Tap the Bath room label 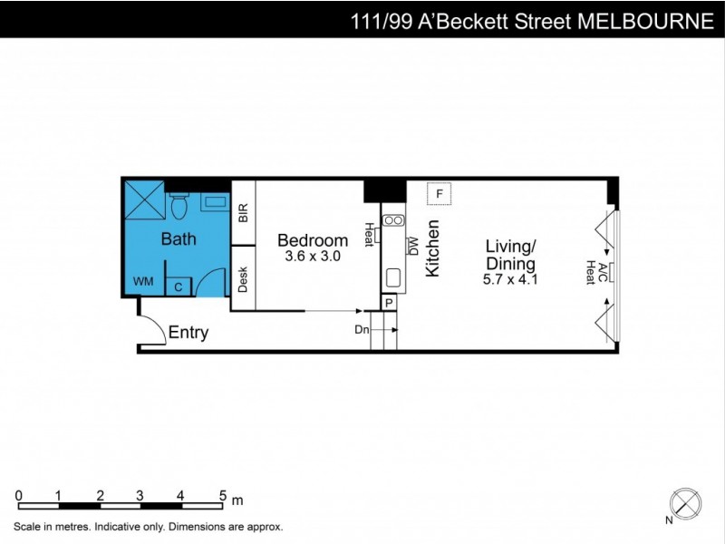[x=179, y=239]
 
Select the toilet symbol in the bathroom [x=179, y=205]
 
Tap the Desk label [x=243, y=278]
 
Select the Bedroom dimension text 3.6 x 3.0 [x=313, y=257]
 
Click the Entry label [x=188, y=333]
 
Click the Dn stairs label [x=362, y=330]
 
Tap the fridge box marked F [x=439, y=194]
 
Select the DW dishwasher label [x=413, y=246]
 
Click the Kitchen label [x=433, y=248]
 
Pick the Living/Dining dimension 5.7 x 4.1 [x=511, y=279]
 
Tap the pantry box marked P [x=389, y=303]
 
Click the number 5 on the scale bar [x=222, y=496]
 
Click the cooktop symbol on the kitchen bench [x=394, y=219]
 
